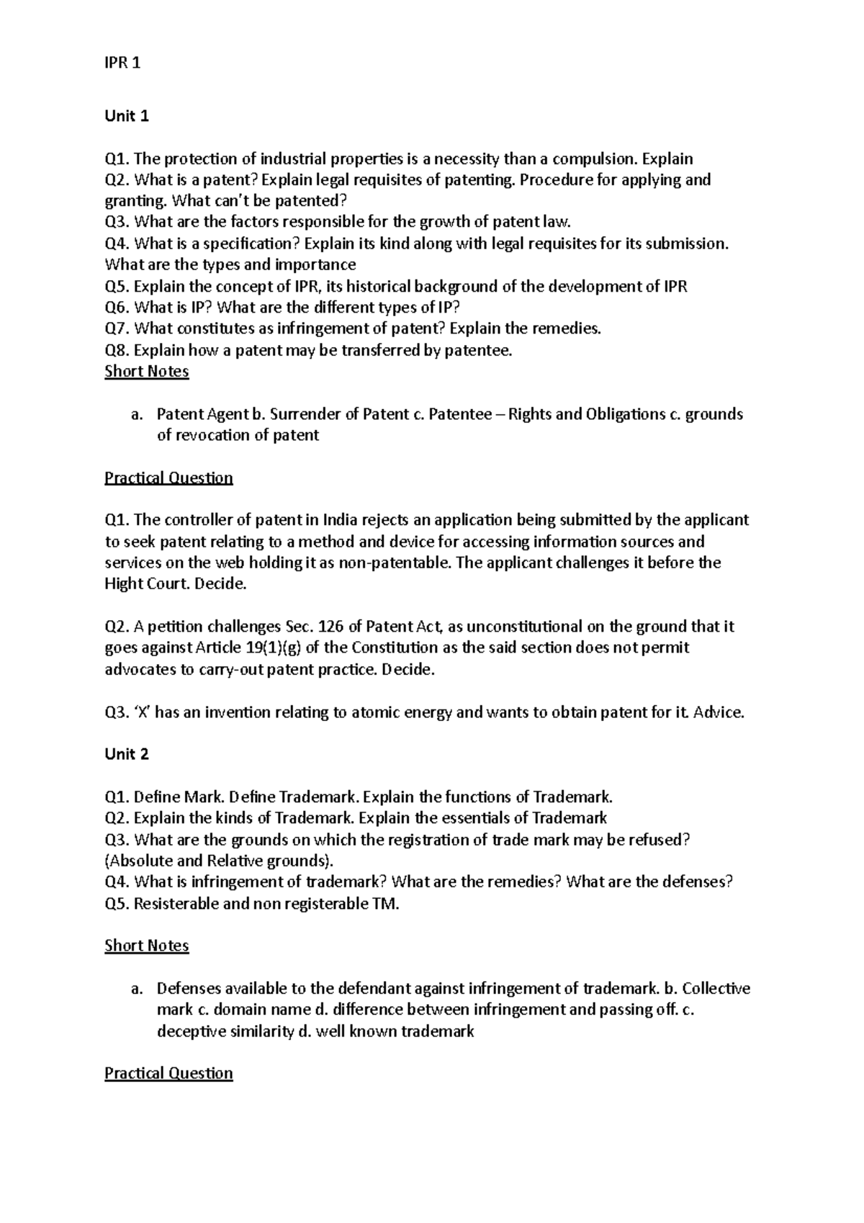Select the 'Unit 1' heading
(x=126, y=116)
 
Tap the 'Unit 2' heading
(x=126, y=754)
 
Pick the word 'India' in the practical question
(x=343, y=520)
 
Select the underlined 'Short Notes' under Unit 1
(x=146, y=372)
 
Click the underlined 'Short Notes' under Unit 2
(x=146, y=946)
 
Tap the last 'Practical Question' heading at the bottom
(x=168, y=1073)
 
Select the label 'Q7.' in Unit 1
(x=117, y=329)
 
